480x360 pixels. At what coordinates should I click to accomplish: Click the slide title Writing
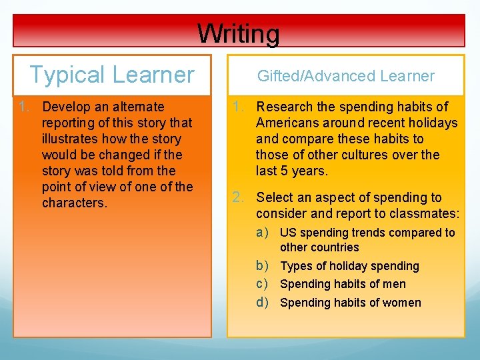[x=239, y=33]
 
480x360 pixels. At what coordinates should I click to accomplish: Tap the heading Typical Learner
[x=112, y=75]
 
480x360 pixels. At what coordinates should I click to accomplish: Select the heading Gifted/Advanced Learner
[x=345, y=76]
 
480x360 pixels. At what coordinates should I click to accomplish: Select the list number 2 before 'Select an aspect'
[x=237, y=197]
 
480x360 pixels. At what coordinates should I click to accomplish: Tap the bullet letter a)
[x=263, y=233]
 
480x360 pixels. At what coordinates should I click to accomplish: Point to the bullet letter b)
[x=263, y=266]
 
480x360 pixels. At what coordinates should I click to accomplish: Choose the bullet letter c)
[x=263, y=284]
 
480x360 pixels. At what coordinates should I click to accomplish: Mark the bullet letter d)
[x=263, y=303]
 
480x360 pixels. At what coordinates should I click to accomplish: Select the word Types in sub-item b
[x=295, y=266]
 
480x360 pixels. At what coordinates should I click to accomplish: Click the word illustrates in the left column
[x=71, y=139]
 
